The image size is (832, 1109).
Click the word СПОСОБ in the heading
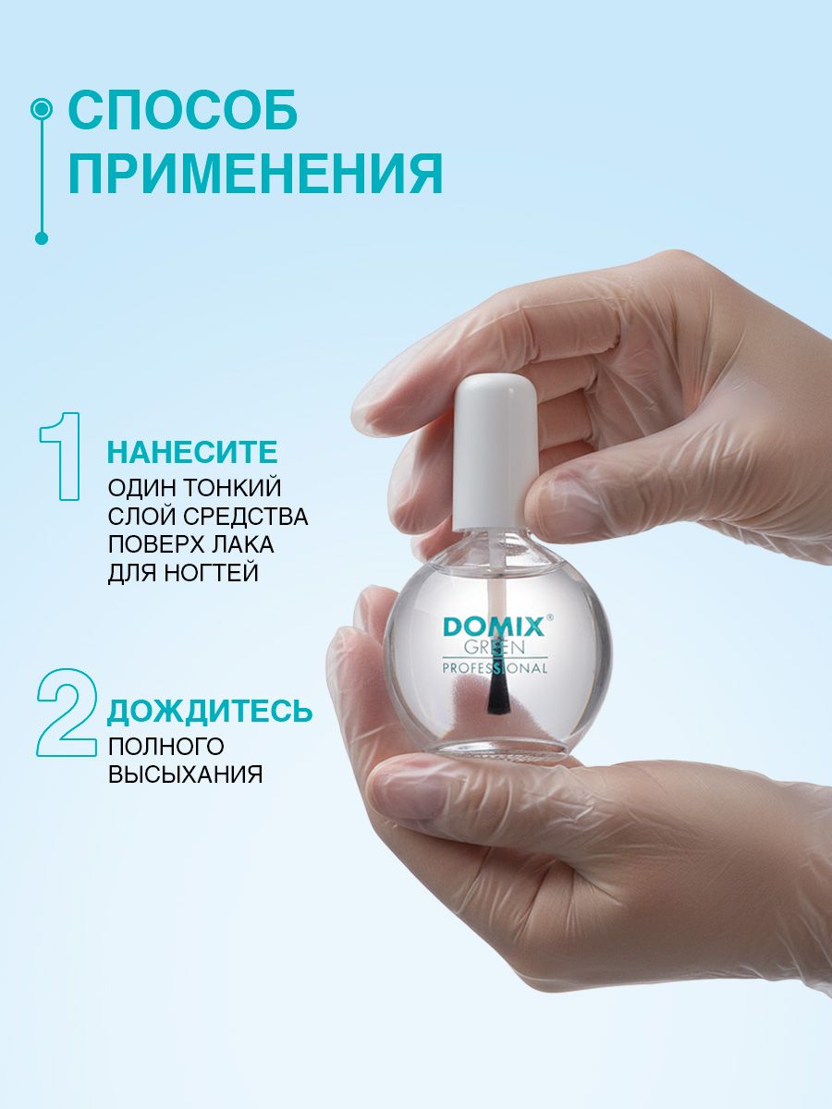(x=182, y=109)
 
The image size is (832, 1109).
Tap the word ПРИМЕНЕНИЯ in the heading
(x=256, y=174)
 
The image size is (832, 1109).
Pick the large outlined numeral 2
(x=67, y=713)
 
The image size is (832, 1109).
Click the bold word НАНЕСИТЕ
(x=192, y=452)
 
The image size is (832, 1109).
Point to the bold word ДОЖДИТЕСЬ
(x=210, y=711)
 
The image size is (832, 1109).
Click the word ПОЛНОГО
(x=166, y=746)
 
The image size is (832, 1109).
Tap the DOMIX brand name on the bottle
(x=493, y=628)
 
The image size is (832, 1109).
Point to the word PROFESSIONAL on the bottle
(x=495, y=668)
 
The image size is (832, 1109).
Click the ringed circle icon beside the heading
(x=42, y=109)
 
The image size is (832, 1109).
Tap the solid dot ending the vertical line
(x=42, y=238)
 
